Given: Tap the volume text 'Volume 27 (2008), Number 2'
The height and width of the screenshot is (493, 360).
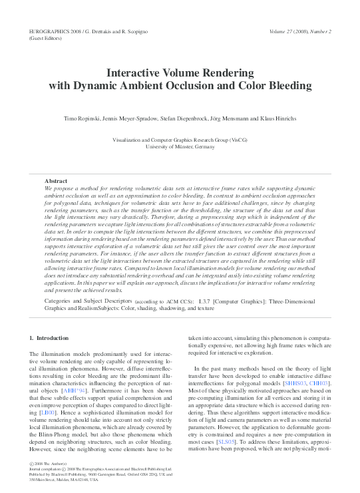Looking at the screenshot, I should coord(300,32).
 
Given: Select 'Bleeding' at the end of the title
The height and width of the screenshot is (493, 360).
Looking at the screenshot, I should coord(290,86).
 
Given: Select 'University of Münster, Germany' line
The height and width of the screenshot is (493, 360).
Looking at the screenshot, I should coord(180,147).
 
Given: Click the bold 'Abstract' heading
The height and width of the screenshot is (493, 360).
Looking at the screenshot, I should coord(56,181).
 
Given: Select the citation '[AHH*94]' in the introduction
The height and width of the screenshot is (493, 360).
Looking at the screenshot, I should coord(73,391).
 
